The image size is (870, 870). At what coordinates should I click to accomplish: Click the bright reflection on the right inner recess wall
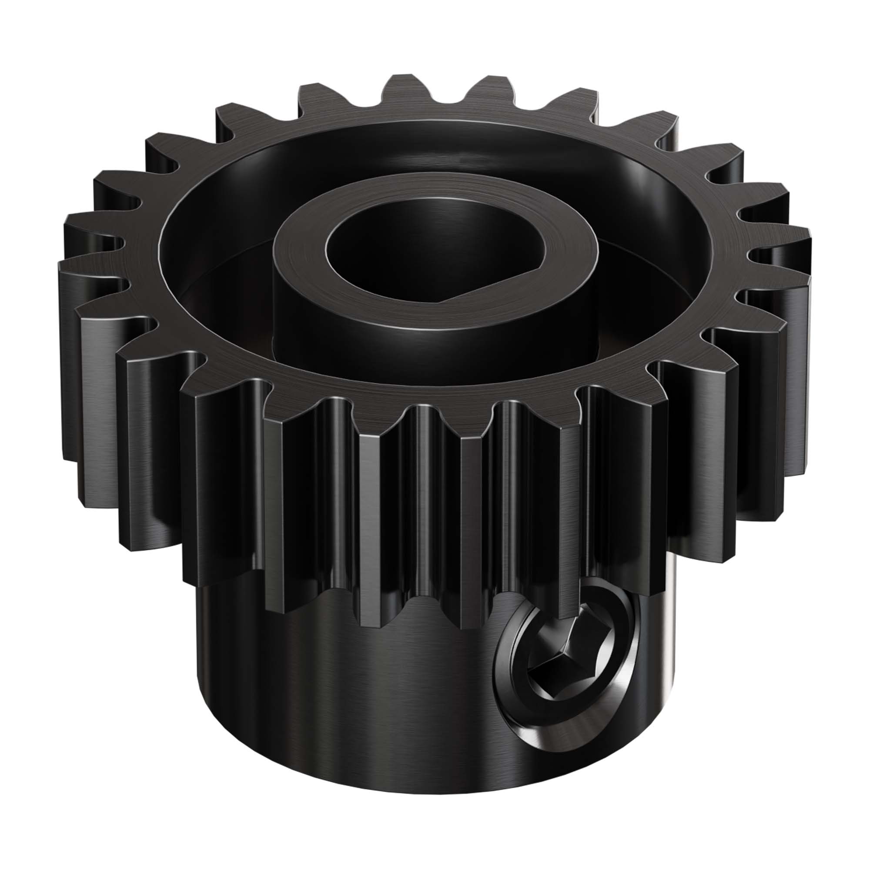649,189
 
